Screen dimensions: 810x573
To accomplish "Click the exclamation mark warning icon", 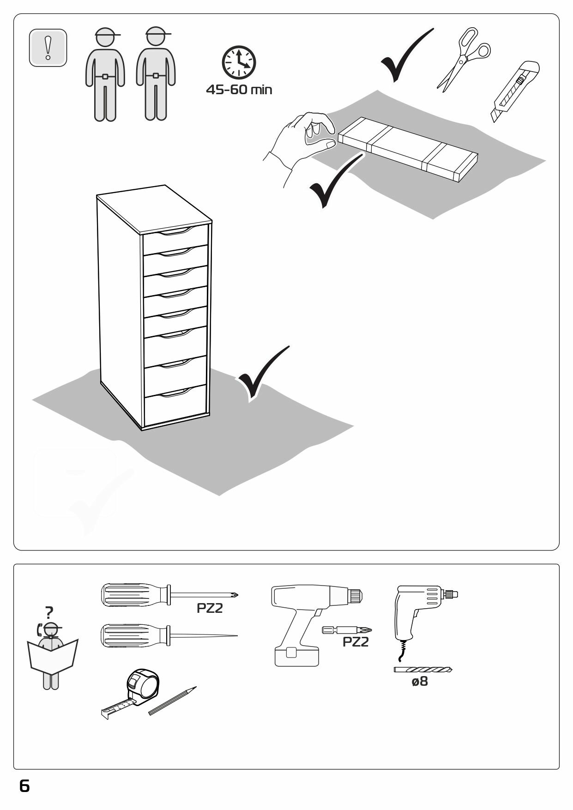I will click(48, 48).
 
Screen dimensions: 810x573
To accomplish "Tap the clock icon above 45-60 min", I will click(239, 62).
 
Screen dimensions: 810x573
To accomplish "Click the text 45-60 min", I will click(239, 90).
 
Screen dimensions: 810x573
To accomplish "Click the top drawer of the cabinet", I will click(175, 239).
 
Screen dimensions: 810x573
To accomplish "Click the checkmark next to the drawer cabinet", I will click(262, 372).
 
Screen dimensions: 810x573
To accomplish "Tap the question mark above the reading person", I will click(49, 612).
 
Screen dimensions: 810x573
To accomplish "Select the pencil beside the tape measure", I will click(173, 701).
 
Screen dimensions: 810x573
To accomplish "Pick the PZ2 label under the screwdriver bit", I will click(356, 642).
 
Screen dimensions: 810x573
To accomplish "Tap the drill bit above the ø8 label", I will click(422, 669).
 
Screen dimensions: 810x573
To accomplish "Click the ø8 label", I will click(420, 681).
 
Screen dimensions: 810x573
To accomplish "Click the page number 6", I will click(24, 786).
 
